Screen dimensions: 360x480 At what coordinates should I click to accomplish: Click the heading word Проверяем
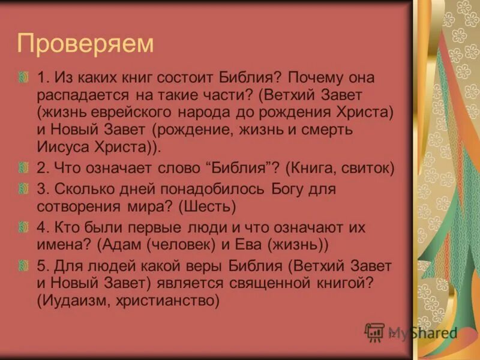[x=86, y=44]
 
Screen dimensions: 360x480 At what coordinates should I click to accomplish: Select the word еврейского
[x=139, y=113]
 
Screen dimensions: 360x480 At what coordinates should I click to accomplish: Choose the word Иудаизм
[x=74, y=300]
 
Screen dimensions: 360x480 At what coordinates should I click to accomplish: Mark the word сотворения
[x=74, y=206]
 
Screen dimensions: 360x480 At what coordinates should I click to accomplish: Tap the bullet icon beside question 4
[x=23, y=228]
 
